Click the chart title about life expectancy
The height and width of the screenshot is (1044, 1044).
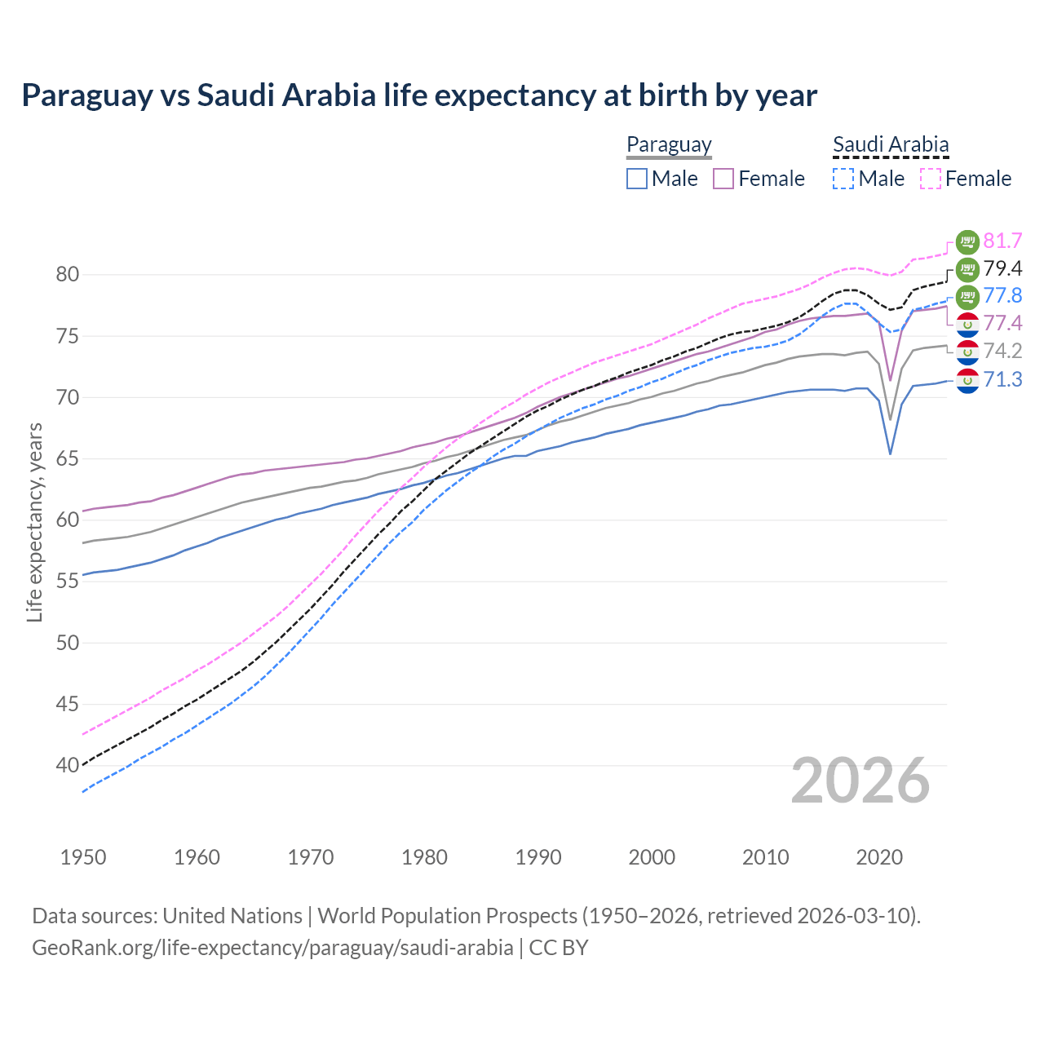point(419,95)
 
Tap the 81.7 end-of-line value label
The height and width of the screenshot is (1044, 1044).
point(1002,241)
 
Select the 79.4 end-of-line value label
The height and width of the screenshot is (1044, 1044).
point(1002,268)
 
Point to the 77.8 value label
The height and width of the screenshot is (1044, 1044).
point(1002,295)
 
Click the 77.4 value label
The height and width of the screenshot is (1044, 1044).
point(1002,323)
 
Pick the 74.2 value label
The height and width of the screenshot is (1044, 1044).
point(1002,351)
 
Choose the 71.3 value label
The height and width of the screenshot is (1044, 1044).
point(1002,379)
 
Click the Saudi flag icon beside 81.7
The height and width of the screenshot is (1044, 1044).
point(967,241)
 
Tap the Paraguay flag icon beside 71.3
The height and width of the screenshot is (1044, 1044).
point(967,380)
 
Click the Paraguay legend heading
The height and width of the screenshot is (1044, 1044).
point(669,144)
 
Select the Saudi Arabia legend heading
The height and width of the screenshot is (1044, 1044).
point(891,144)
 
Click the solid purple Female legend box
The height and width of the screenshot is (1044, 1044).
point(723,179)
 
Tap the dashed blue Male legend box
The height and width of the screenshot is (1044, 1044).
point(843,179)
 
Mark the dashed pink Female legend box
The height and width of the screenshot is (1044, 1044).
point(931,179)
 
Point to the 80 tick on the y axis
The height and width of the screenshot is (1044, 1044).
point(68,275)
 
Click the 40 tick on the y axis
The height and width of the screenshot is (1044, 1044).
point(68,766)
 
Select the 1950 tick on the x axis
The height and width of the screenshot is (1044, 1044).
point(83,857)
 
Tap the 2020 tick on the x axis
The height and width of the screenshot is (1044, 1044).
point(879,857)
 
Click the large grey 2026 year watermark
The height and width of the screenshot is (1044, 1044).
point(860,781)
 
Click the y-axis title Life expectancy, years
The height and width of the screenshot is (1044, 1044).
point(34,522)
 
